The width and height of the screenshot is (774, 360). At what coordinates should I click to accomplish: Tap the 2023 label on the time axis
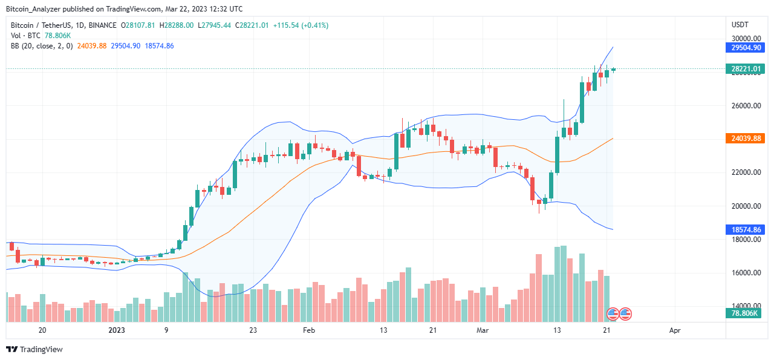[x=117, y=330]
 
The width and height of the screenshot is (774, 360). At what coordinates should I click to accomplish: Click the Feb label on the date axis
[x=309, y=330]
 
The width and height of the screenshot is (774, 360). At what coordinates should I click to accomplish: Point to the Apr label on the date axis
[x=675, y=330]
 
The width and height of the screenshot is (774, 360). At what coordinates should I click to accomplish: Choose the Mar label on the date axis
[x=483, y=330]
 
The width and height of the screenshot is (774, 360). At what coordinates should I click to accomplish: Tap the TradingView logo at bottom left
[x=34, y=349]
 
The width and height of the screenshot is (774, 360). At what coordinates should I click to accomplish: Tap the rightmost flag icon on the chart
[x=625, y=313]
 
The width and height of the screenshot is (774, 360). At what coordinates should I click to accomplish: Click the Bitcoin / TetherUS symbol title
[x=40, y=25]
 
